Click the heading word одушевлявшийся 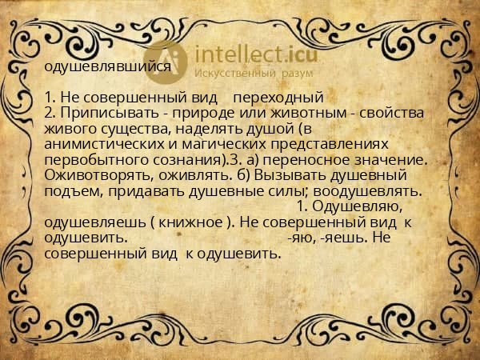point(108,67)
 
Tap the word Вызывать point(289,174)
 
